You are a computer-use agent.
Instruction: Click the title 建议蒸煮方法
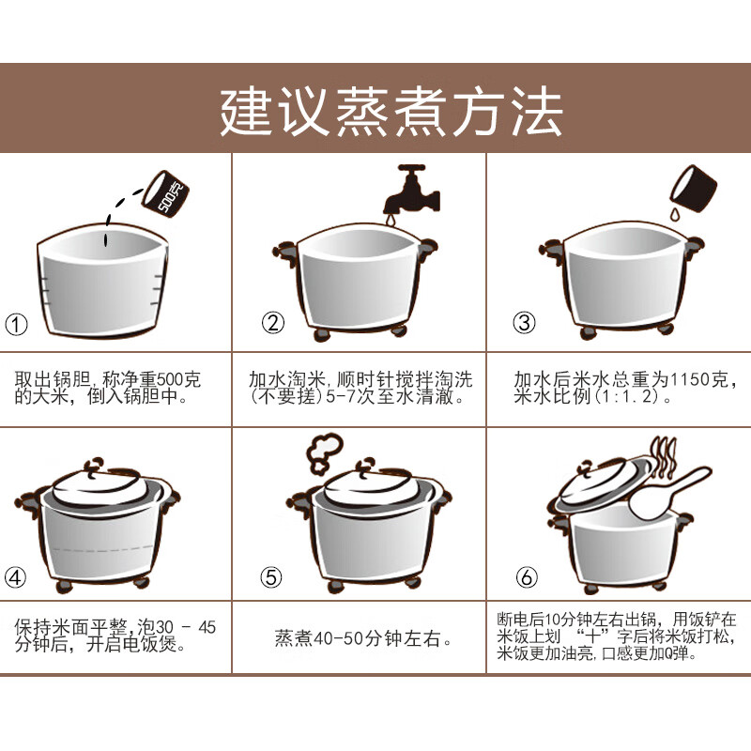391,112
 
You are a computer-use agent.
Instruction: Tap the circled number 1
16,325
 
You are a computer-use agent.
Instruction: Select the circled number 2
273,323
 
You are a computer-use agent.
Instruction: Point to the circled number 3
524,323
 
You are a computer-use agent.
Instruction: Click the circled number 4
15,577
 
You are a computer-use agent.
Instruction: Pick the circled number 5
271,577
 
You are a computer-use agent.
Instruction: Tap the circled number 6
527,577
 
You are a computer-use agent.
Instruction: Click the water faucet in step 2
411,190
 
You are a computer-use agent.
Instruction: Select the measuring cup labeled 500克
166,193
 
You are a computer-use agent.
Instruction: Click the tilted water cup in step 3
693,188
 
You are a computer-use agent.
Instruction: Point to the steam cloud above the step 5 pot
325,452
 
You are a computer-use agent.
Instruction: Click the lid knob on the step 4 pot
94,465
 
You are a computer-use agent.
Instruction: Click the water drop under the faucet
391,220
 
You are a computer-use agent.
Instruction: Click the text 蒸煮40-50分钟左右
358,638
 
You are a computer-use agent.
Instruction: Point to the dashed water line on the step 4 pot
102,548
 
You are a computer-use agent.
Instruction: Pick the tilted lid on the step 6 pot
604,483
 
